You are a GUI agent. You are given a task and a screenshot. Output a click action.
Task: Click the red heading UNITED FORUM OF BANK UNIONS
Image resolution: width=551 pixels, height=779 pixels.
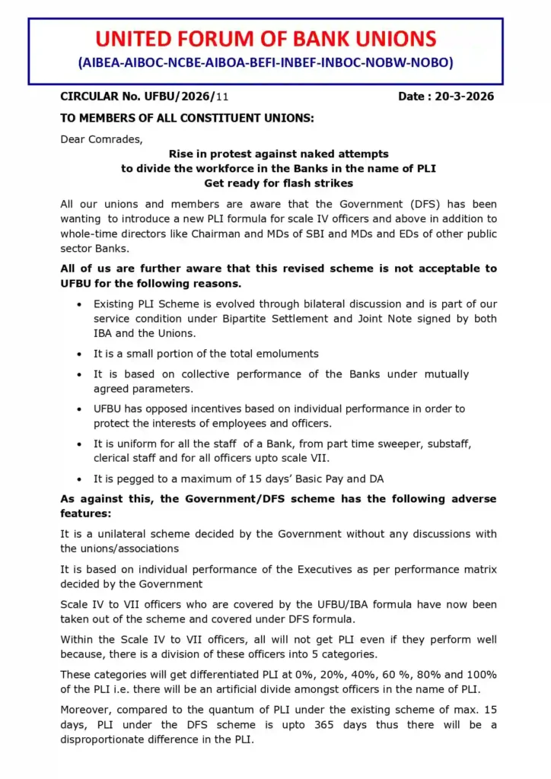266,40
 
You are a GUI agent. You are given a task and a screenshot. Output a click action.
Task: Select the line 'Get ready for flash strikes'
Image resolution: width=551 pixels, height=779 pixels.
278,183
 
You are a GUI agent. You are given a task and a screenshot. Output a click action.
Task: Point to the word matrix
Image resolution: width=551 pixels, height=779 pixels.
479,569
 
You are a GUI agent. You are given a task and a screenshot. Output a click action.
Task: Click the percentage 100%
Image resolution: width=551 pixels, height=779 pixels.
482,675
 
